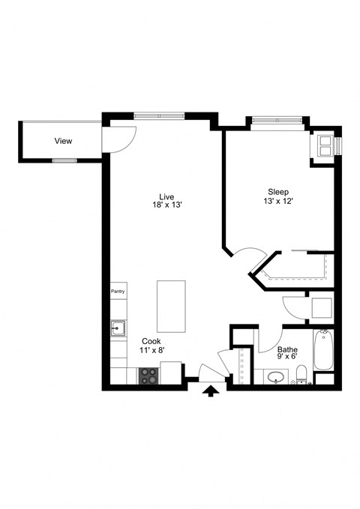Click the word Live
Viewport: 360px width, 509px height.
[x=166, y=196]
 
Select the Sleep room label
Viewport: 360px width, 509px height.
[x=277, y=192]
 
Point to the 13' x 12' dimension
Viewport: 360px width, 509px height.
[x=277, y=201]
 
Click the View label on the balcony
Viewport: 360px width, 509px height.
[x=63, y=141]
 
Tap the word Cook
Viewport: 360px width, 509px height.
[x=151, y=341]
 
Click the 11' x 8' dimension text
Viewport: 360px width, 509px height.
[x=151, y=350]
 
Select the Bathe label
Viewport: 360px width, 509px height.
[x=287, y=349]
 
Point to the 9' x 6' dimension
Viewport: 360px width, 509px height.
[x=287, y=358]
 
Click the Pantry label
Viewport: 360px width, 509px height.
[x=118, y=292]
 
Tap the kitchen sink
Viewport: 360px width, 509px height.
[x=118, y=328]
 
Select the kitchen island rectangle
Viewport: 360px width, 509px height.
[x=172, y=306]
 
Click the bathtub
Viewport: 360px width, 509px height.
[x=322, y=350]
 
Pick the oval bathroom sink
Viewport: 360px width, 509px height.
[x=277, y=376]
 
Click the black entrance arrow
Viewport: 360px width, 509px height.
[x=211, y=391]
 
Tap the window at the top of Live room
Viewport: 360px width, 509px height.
[x=159, y=115]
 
